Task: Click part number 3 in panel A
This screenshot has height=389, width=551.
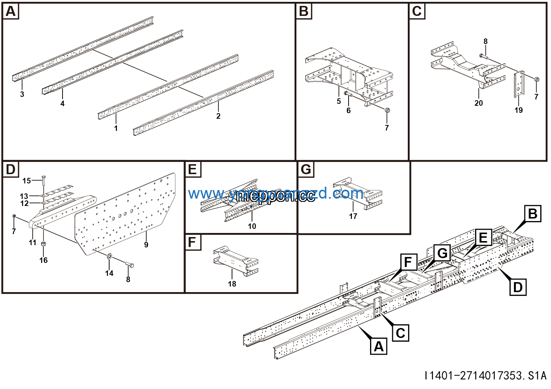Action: (x=22, y=94)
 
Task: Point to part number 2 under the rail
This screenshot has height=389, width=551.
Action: (x=218, y=116)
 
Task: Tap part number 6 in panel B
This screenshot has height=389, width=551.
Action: (x=348, y=111)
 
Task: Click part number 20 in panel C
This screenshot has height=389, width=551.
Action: (x=478, y=103)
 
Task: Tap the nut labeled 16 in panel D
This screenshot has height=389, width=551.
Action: (x=43, y=244)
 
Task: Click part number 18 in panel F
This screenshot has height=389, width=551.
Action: (x=232, y=284)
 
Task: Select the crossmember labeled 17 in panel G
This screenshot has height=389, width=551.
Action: (x=357, y=192)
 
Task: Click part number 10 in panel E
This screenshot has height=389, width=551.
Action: (x=252, y=226)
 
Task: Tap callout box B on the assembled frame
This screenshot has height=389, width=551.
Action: (x=532, y=214)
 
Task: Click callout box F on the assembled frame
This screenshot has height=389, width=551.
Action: (x=408, y=262)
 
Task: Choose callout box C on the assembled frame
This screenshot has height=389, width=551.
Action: (x=400, y=333)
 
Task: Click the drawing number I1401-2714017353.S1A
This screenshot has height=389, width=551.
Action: (x=486, y=376)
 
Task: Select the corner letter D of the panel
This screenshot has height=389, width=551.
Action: (x=11, y=170)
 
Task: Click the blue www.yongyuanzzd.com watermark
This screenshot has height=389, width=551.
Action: (x=276, y=193)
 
